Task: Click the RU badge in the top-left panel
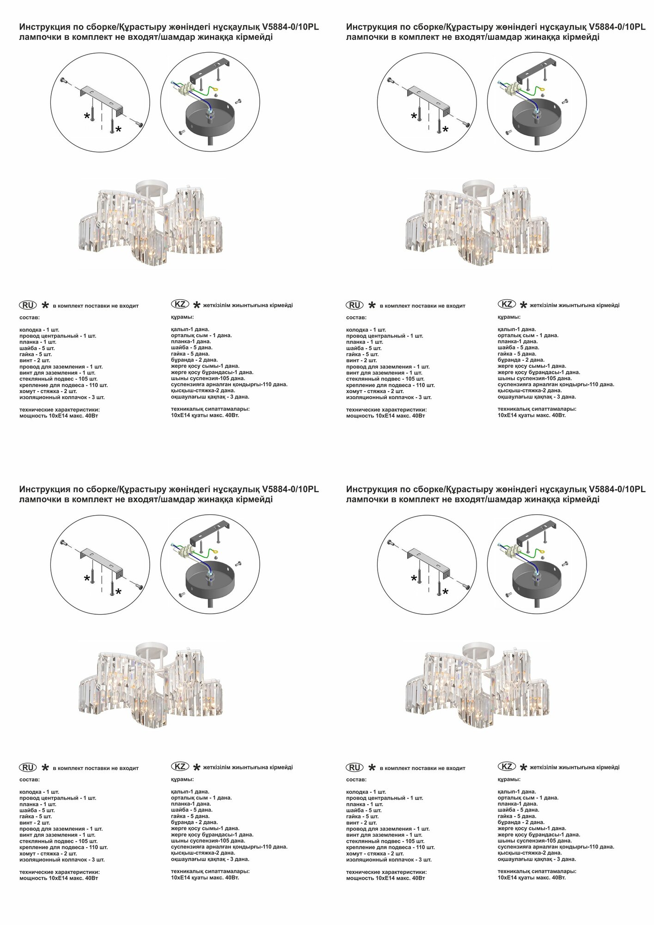[28, 305]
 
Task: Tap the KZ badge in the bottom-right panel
[507, 766]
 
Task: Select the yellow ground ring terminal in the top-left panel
[216, 92]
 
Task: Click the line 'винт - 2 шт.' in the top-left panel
[35, 360]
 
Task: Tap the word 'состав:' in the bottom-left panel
[30, 780]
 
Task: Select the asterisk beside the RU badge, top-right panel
[372, 305]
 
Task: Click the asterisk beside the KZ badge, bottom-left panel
[196, 768]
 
